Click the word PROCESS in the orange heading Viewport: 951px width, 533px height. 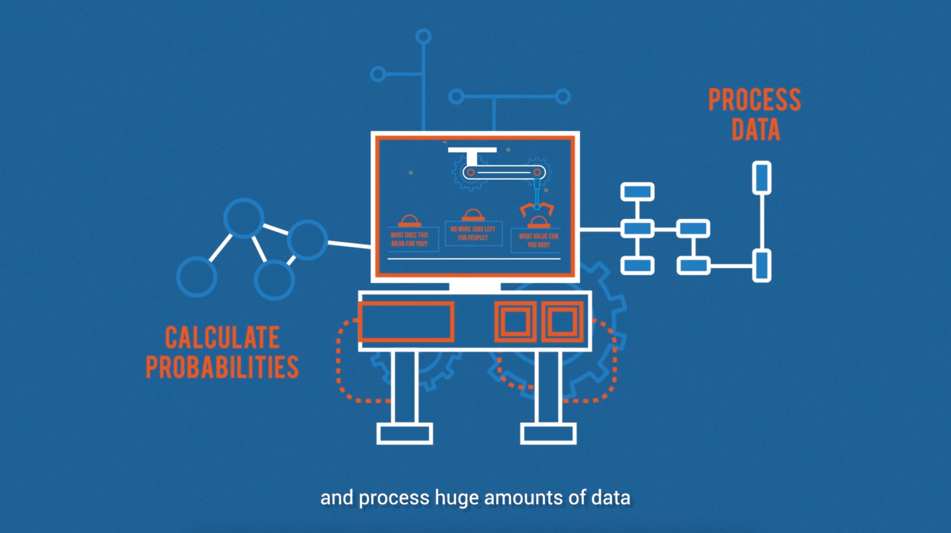click(754, 100)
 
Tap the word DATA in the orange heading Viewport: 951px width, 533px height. click(756, 129)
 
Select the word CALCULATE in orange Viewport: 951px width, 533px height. click(222, 337)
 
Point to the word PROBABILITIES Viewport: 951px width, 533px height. click(222, 367)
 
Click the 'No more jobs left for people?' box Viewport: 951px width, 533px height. click(473, 233)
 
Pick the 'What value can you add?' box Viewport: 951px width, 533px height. click(538, 240)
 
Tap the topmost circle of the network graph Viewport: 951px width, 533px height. click(244, 218)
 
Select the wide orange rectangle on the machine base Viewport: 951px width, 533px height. click(406, 321)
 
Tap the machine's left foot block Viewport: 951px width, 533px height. click(404, 434)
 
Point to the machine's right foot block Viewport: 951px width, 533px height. click(548, 434)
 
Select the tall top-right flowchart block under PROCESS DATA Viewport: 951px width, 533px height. click(762, 177)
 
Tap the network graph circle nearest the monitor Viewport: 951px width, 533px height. click(307, 240)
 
